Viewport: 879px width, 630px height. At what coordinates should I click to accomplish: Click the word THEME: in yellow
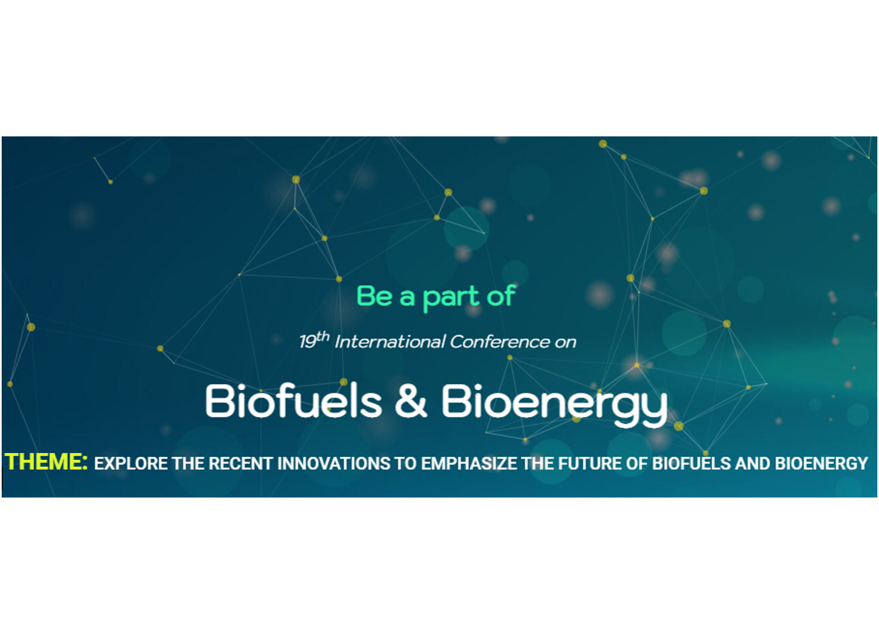[x=46, y=462]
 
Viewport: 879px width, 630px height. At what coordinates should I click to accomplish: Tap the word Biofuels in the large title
[x=293, y=401]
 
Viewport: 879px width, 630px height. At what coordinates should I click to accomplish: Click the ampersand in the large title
[x=411, y=401]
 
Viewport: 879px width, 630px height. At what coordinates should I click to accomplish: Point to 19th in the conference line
[x=314, y=340]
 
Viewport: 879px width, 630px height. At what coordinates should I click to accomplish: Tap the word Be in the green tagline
[x=374, y=296]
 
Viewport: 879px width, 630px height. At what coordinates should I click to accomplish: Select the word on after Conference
[x=565, y=343]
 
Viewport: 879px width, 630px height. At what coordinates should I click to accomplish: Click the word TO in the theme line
[x=406, y=463]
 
